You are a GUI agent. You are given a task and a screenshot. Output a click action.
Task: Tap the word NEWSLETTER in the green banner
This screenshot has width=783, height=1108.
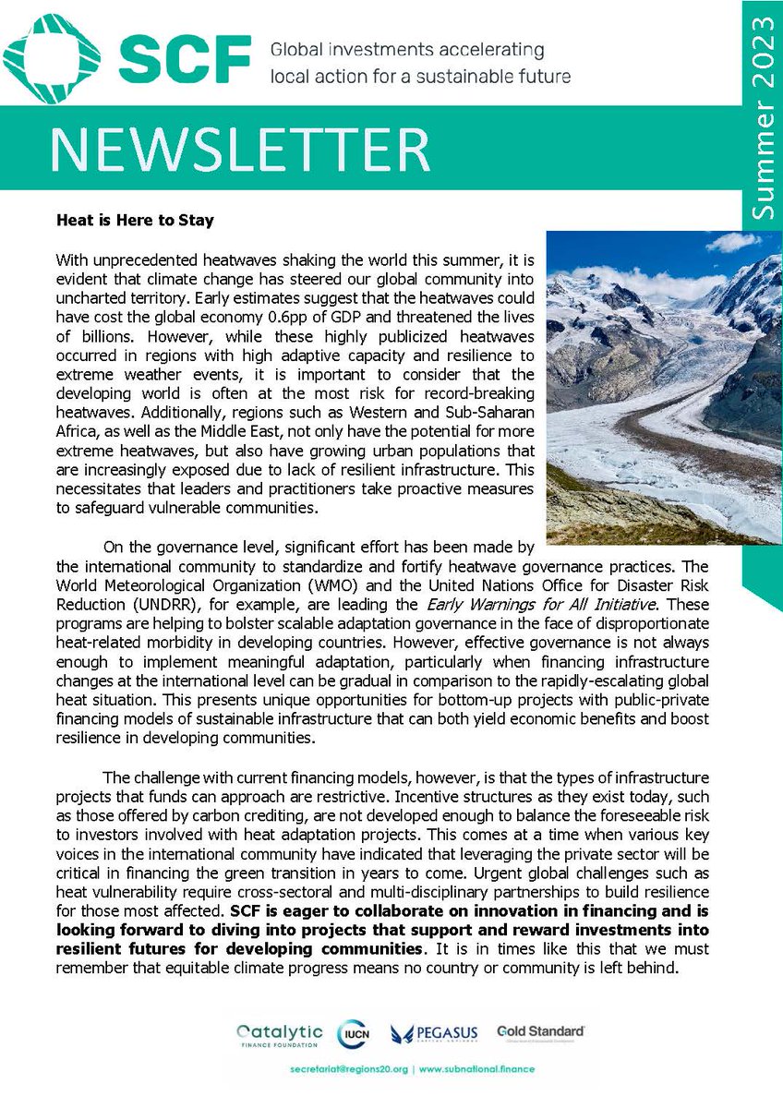[239, 148]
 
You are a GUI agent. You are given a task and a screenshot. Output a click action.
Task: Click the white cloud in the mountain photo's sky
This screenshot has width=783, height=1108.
[734, 242]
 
